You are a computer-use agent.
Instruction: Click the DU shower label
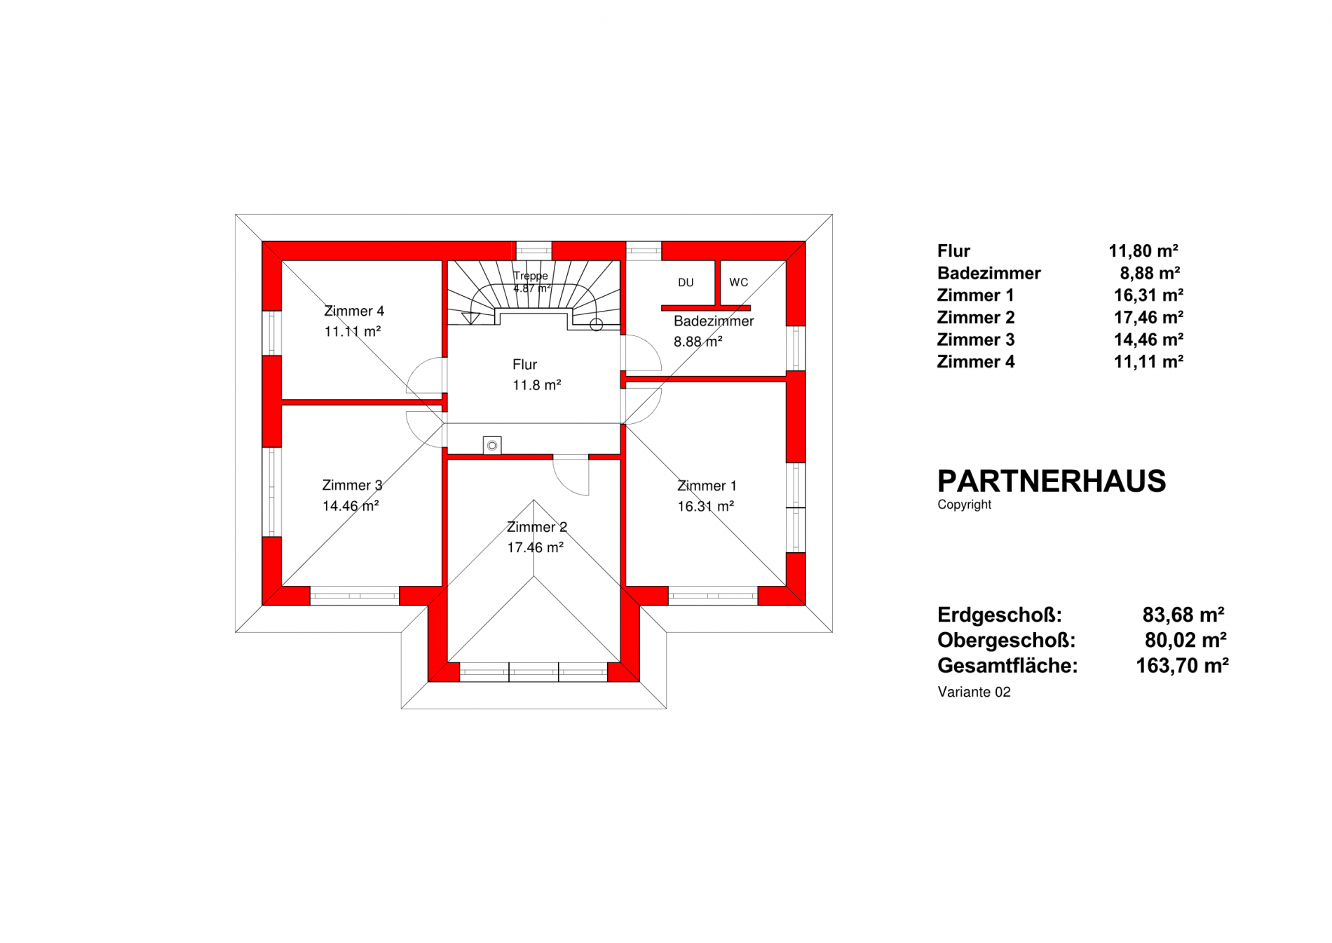[x=686, y=283]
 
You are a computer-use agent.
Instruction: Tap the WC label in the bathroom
[x=738, y=283]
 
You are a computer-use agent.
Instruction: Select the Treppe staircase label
[x=530, y=276]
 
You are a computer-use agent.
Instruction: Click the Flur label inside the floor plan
[x=524, y=365]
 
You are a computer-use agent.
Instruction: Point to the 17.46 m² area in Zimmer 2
[x=536, y=547]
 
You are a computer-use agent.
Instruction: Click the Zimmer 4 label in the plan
[x=354, y=311]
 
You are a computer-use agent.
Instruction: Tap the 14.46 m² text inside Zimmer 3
[x=351, y=506]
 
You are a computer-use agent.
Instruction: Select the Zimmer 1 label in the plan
[x=707, y=486]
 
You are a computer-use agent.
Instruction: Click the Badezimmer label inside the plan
[x=714, y=321]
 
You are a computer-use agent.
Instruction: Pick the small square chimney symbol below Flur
[x=492, y=446]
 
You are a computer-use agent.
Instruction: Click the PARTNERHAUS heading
[x=1052, y=481]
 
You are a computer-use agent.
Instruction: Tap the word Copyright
[x=965, y=504]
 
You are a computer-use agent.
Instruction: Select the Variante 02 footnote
[x=974, y=692]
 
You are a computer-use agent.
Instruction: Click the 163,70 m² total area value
[x=1182, y=665]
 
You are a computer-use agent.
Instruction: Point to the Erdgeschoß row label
[x=1000, y=615]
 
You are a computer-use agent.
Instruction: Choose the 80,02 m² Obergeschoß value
[x=1185, y=640]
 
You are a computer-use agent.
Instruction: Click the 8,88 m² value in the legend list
[x=1150, y=273]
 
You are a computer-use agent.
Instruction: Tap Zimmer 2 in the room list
[x=976, y=318]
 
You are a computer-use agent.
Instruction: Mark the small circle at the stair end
[x=597, y=325]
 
